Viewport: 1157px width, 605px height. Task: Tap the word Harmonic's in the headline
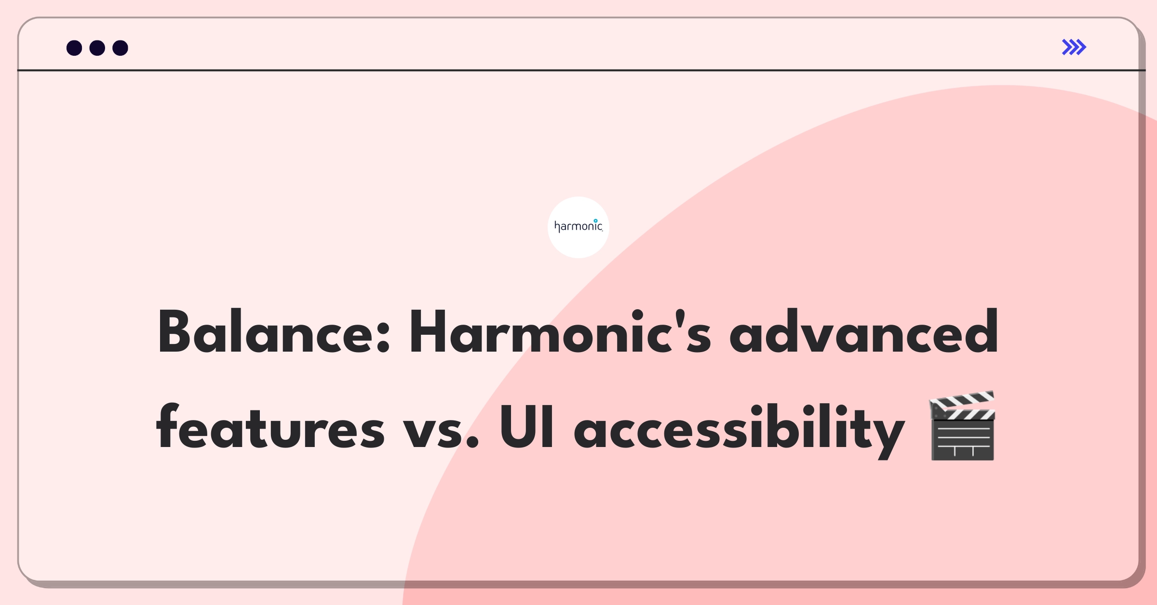click(560, 332)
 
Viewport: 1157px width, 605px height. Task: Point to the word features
click(270, 426)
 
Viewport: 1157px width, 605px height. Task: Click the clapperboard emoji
click(962, 426)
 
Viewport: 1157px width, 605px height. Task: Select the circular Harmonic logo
click(578, 227)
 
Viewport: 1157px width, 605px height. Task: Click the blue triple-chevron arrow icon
click(1074, 47)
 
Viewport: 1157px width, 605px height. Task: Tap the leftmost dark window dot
click(74, 48)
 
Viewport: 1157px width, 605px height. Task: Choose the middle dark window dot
click(97, 48)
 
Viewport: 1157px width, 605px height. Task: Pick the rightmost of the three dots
click(121, 48)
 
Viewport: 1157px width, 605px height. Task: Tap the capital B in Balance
click(175, 332)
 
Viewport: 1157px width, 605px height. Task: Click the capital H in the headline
click(429, 332)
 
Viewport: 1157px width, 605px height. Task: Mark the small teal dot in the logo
click(596, 221)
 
